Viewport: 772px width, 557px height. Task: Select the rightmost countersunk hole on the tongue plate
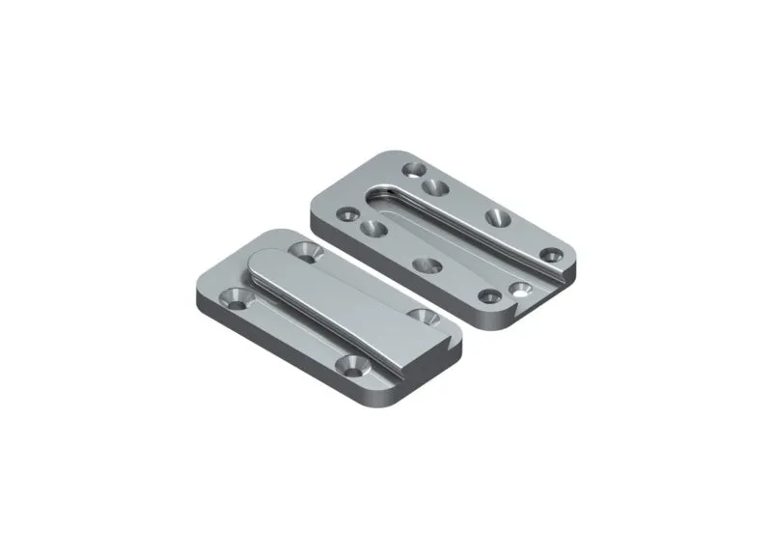pyautogui.click(x=422, y=316)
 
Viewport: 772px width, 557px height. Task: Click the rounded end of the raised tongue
pyautogui.click(x=266, y=263)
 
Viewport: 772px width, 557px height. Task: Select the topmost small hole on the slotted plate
pyautogui.click(x=415, y=171)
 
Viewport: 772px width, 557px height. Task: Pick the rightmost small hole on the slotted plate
pyautogui.click(x=551, y=255)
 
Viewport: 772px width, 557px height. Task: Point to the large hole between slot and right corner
pyautogui.click(x=498, y=216)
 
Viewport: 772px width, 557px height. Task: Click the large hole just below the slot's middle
pyautogui.click(x=425, y=263)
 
